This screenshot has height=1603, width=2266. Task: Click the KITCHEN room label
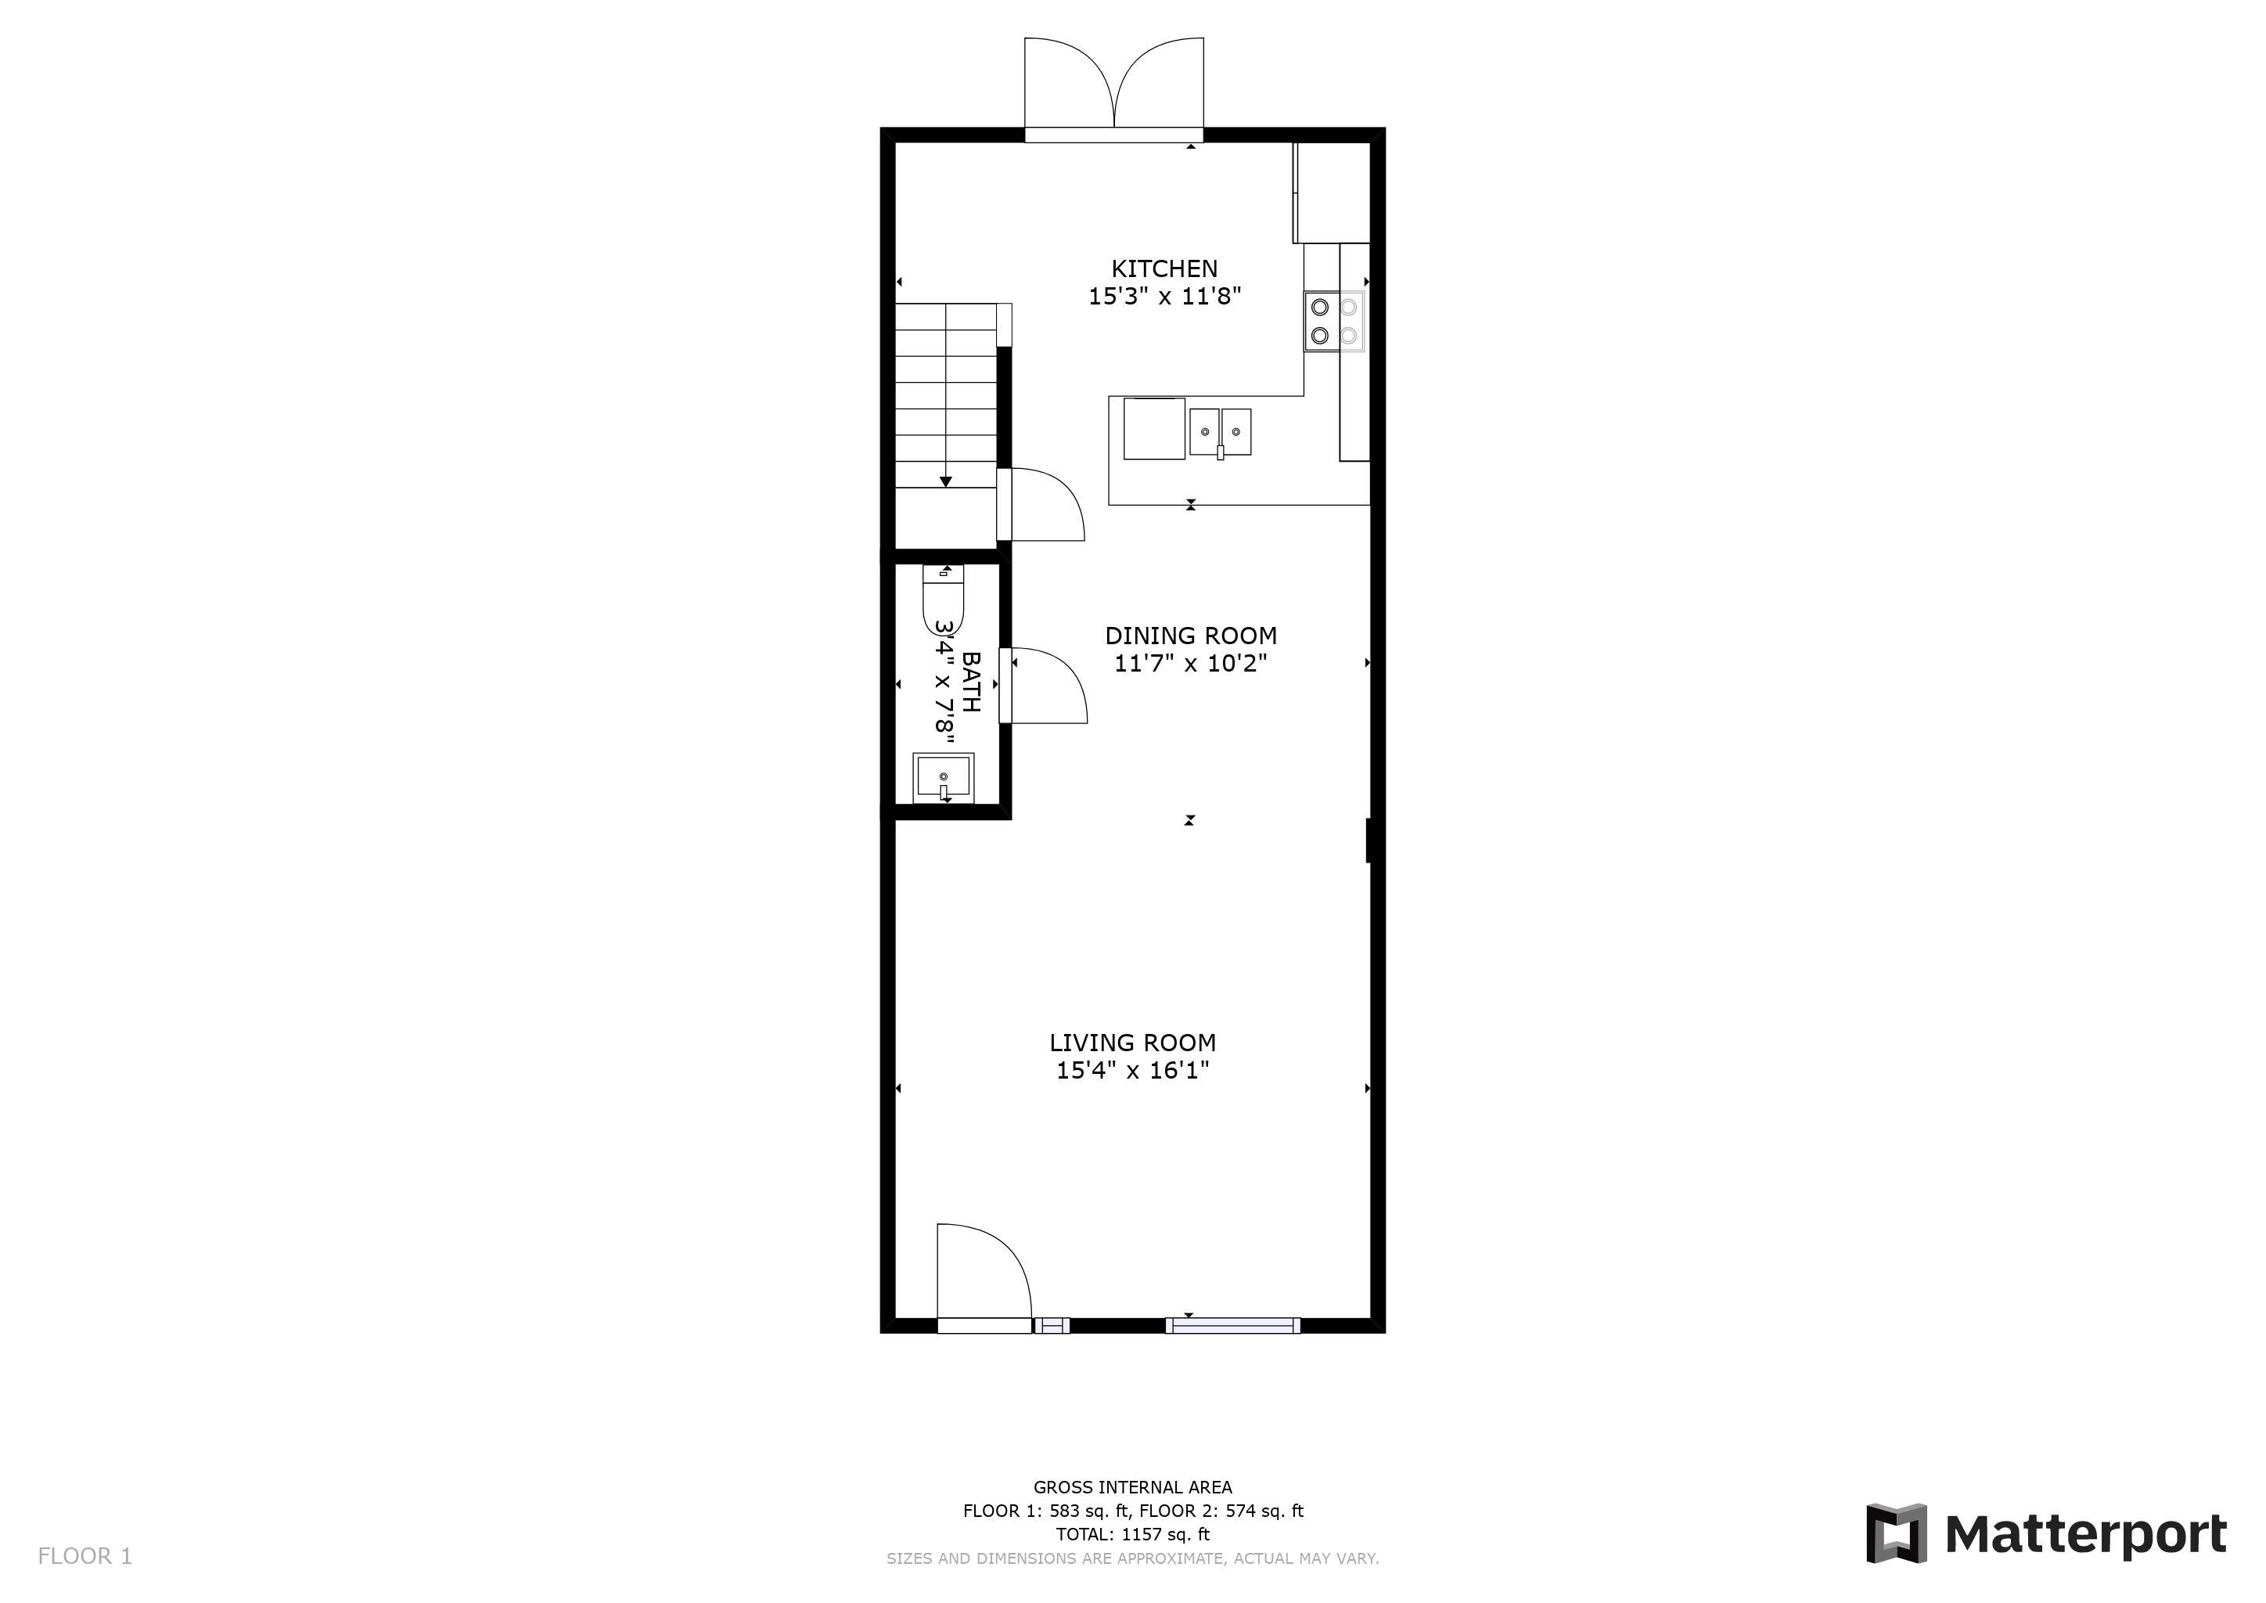pos(1164,268)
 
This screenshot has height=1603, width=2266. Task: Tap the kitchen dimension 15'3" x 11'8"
pos(1164,296)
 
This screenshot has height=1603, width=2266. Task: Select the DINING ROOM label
pos(1190,636)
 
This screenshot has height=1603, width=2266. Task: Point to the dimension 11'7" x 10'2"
pos(1190,663)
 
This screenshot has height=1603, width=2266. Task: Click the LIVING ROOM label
pos(1132,1043)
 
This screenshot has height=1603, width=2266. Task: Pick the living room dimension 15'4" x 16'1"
pos(1132,1070)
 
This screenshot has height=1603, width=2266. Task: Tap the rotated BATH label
pos(971,681)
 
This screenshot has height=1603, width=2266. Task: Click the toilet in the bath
pos(943,599)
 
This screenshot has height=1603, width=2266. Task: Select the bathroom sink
pos(944,778)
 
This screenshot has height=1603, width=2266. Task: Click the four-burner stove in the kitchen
pos(1334,322)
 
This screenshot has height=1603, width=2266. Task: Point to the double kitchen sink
pos(1220,432)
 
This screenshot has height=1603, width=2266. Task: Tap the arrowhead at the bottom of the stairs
pos(945,481)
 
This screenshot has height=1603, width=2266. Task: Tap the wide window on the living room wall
pos(1232,1326)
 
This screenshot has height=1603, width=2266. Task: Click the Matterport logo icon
pos(1896,1533)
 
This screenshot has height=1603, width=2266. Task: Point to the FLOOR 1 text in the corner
pos(85,1557)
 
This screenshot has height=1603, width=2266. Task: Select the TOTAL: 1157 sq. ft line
pos(1132,1534)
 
